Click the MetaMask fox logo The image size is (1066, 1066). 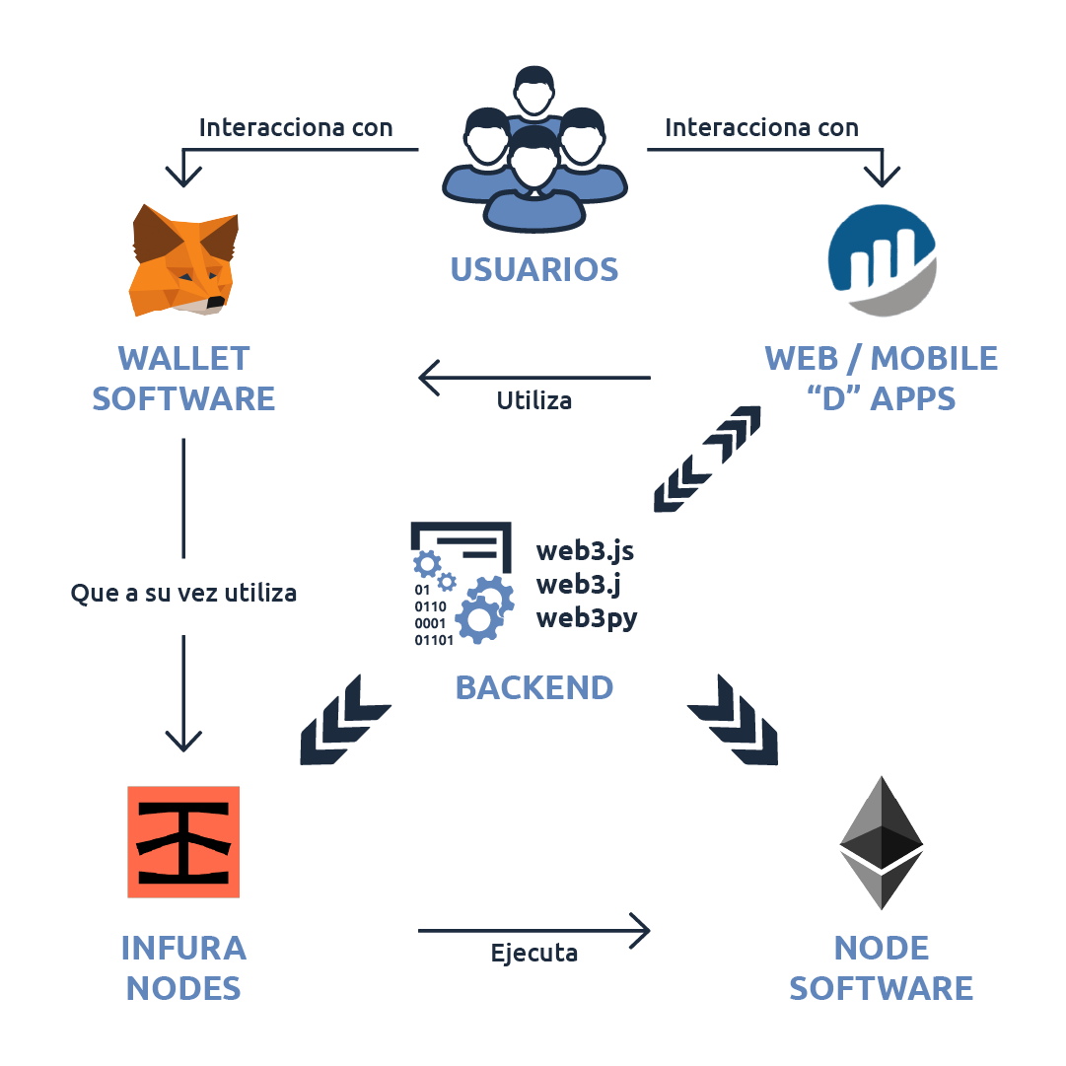tap(184, 260)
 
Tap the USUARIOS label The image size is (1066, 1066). tap(534, 269)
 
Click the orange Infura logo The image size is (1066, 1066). tap(184, 841)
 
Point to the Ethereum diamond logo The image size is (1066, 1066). tap(881, 842)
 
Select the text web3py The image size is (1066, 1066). tap(587, 618)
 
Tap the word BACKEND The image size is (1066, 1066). tap(534, 687)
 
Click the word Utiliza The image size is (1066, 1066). tap(533, 401)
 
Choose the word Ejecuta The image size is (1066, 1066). tap(533, 954)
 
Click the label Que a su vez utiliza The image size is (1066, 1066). tap(183, 594)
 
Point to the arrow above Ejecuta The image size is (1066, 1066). tap(533, 929)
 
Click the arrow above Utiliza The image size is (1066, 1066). tap(533, 377)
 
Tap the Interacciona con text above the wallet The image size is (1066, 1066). tap(296, 128)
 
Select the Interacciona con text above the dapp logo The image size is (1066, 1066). tap(761, 128)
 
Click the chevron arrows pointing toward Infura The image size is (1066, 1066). tap(344, 720)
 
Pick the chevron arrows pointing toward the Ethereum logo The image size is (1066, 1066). tap(733, 720)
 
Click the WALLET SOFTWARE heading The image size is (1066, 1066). tap(183, 378)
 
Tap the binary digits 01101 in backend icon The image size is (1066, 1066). tap(434, 640)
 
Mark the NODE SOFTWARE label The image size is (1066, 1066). tap(881, 967)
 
